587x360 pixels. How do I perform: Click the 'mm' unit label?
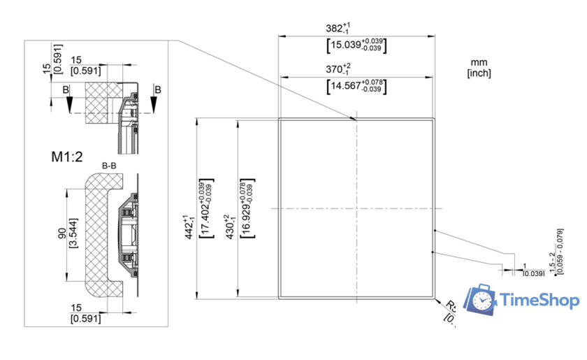478,63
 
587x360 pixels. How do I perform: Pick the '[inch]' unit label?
479,72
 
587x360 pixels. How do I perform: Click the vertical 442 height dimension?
187,227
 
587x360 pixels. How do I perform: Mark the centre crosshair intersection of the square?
356,208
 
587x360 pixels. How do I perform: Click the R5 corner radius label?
451,307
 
